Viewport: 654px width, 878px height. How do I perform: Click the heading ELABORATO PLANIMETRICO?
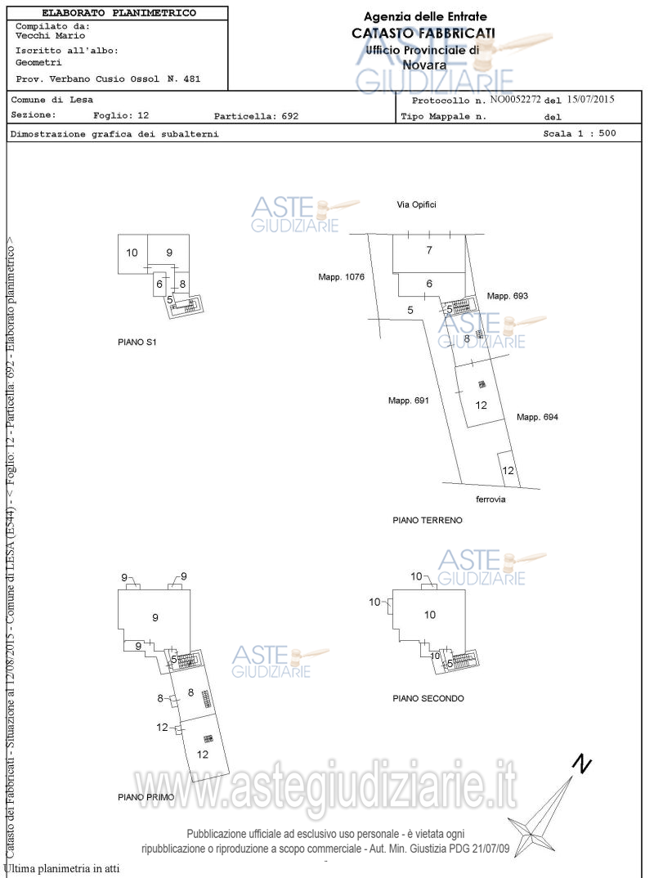point(119,13)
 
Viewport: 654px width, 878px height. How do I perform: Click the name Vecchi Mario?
point(50,36)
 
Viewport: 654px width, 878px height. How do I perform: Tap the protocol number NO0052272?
point(516,100)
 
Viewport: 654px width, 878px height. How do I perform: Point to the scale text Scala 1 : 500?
point(580,133)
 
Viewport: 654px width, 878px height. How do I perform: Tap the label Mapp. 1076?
point(341,277)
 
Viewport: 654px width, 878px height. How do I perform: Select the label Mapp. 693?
point(508,296)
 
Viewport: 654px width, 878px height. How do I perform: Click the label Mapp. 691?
point(409,401)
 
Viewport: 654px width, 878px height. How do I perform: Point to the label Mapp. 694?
point(537,417)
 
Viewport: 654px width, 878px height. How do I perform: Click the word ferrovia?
point(490,499)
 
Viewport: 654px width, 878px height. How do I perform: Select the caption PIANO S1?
point(137,343)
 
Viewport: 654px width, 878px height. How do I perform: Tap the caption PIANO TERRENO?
point(427,520)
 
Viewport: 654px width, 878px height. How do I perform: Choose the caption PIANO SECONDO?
point(428,699)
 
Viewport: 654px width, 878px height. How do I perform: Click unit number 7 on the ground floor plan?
point(428,250)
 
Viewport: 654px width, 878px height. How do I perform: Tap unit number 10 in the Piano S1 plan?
point(132,253)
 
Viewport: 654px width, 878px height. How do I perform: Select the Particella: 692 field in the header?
point(256,116)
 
